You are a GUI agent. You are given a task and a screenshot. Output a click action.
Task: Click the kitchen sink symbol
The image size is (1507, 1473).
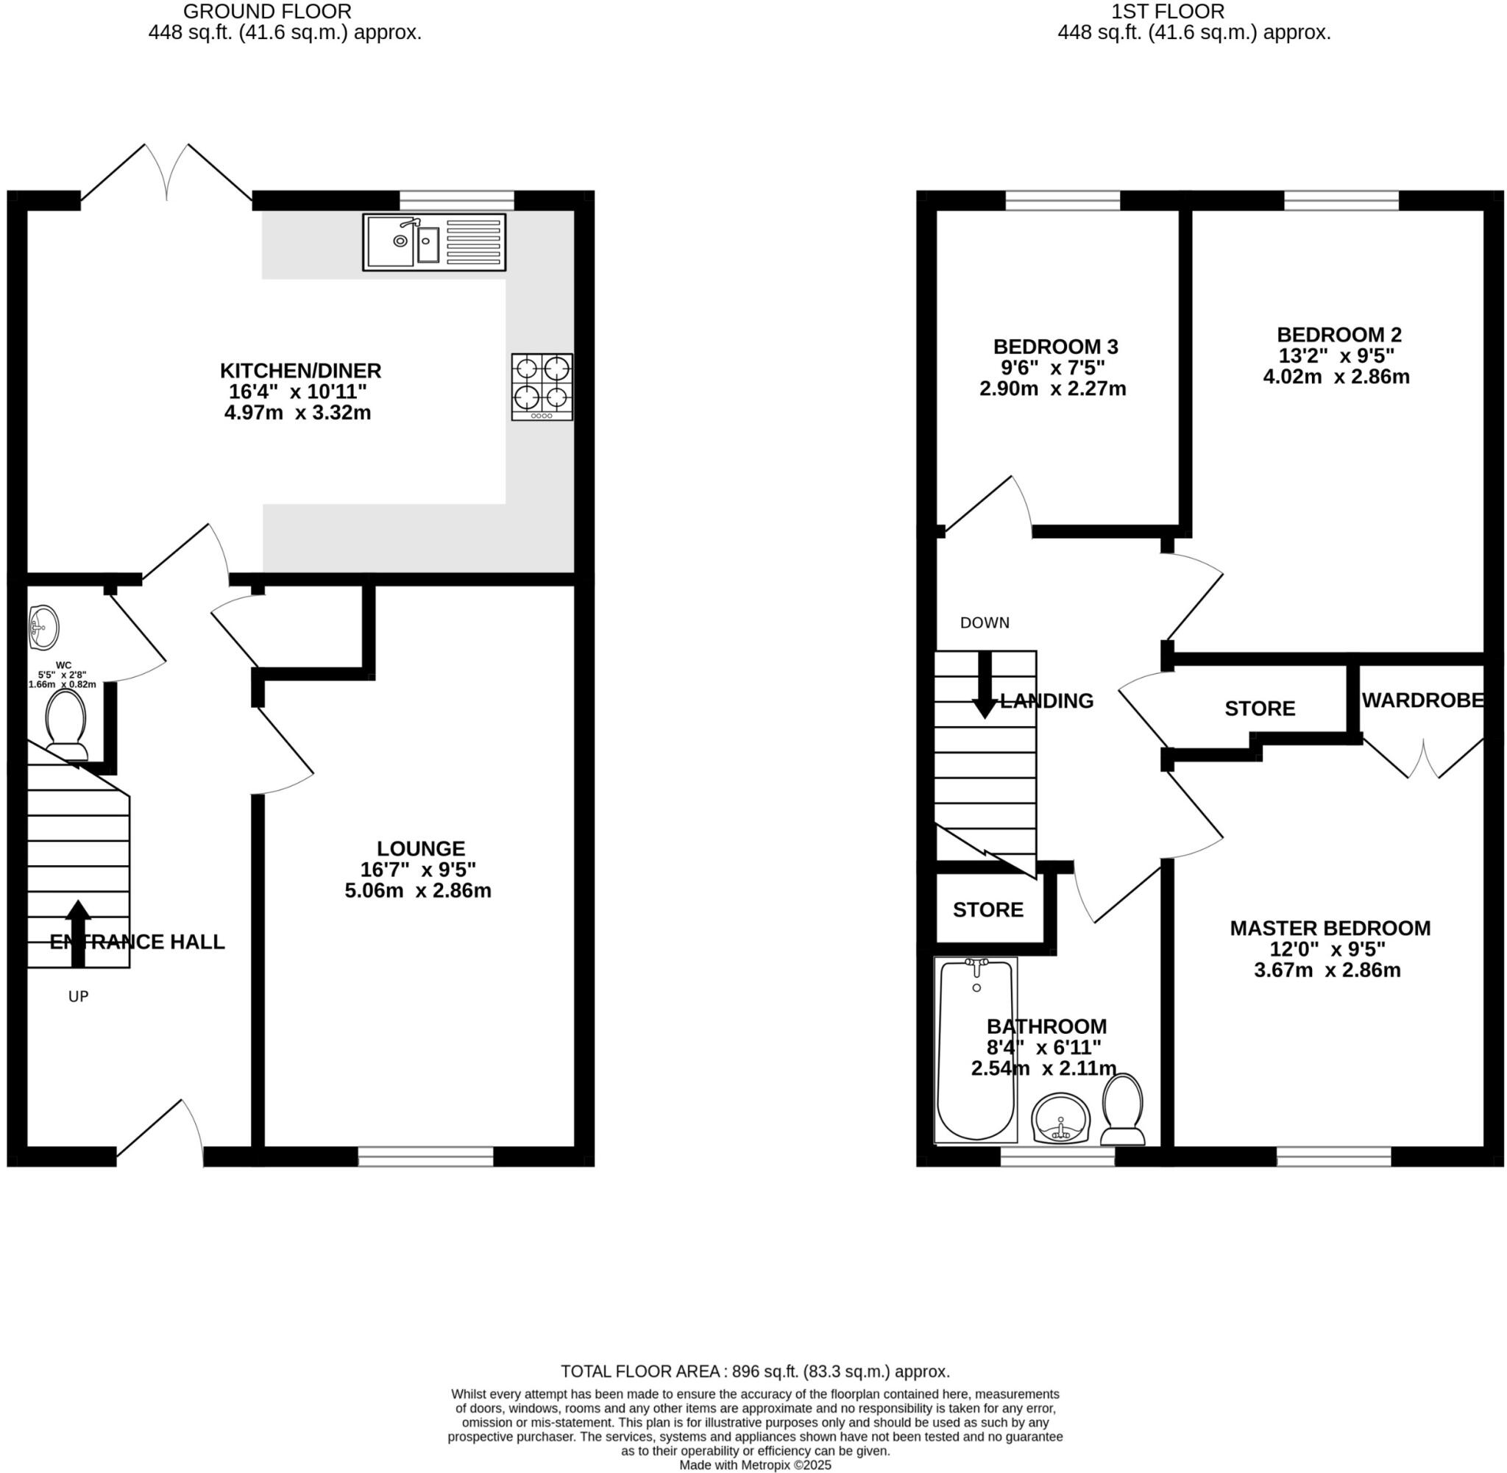434,242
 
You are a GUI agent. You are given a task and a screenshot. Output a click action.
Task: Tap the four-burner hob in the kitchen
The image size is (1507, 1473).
542,386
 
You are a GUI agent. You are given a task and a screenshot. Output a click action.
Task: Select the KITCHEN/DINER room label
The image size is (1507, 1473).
300,371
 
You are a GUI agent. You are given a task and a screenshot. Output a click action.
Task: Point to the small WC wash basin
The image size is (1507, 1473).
43,628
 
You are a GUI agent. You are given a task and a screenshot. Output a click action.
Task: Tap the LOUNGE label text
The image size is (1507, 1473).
421,848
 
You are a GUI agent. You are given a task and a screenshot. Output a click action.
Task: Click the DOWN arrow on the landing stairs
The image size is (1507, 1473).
984,685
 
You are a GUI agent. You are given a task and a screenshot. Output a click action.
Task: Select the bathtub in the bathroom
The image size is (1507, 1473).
975,1049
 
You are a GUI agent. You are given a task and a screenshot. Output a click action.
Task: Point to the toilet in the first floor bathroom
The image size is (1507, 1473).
1122,1109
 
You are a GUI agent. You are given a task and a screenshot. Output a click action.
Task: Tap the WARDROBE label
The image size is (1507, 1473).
1422,700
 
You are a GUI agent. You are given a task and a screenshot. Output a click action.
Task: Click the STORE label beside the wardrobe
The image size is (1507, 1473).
1260,709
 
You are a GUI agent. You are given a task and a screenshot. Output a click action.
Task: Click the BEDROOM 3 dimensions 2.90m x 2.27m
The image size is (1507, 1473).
1052,388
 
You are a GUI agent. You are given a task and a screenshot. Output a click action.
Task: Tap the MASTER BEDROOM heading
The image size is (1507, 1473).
1330,928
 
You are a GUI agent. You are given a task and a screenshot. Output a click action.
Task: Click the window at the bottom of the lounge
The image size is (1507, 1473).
425,1157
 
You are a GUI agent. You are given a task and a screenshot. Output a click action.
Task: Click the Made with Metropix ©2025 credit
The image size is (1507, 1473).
754,1465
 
